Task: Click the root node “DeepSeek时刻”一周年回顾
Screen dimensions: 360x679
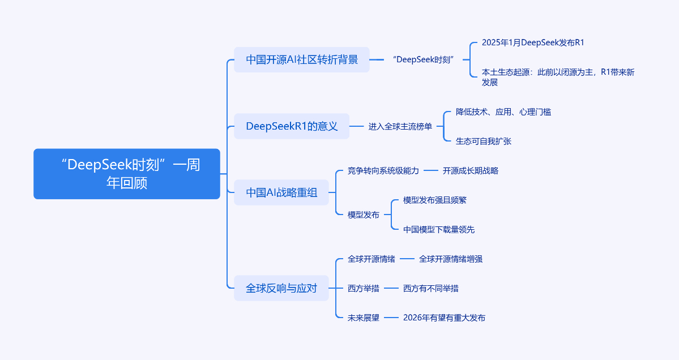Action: [127, 174]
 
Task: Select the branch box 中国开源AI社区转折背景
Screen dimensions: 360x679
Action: [302, 59]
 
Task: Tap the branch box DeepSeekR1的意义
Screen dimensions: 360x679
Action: [292, 126]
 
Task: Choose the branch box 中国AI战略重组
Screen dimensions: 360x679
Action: [281, 192]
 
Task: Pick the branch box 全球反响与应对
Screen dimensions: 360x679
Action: [281, 288]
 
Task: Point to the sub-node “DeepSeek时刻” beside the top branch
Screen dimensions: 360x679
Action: [424, 59]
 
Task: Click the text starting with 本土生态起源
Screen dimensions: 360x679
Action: [557, 77]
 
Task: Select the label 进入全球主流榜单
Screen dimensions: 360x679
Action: [400, 126]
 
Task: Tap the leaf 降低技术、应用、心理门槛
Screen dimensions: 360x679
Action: [503, 112]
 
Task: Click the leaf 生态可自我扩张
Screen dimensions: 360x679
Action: [483, 141]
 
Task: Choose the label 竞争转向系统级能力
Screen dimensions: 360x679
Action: [383, 170]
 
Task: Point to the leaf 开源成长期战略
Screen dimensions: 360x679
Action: [470, 170]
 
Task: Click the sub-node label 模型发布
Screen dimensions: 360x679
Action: [364, 215]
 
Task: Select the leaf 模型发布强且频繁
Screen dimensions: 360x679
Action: [435, 200]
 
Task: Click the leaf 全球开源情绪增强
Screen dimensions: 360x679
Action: [451, 259]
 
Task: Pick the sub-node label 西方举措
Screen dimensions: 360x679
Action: [364, 288]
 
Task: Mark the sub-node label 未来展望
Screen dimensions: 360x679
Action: [364, 318]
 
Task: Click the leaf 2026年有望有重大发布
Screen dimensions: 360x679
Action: [444, 318]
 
